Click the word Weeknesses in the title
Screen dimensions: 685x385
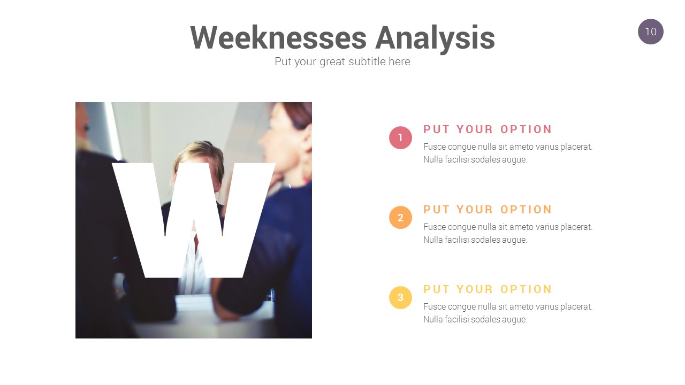point(278,37)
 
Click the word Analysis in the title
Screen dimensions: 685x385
point(435,39)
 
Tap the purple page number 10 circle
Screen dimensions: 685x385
point(650,32)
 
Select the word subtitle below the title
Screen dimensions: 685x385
point(367,61)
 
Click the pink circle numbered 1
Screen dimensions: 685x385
point(400,137)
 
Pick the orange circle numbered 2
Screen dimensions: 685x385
point(400,217)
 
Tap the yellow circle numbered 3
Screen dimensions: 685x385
point(400,297)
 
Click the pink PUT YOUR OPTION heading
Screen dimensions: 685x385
point(488,129)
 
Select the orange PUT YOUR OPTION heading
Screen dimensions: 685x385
point(488,210)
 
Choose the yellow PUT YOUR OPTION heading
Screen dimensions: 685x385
point(488,289)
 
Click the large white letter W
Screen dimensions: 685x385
point(194,220)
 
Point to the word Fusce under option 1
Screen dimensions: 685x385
point(435,147)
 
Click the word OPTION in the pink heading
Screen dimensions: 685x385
point(526,129)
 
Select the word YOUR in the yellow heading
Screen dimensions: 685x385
point(475,289)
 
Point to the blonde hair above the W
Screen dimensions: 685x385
point(199,153)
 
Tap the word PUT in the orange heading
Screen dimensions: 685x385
point(436,210)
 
